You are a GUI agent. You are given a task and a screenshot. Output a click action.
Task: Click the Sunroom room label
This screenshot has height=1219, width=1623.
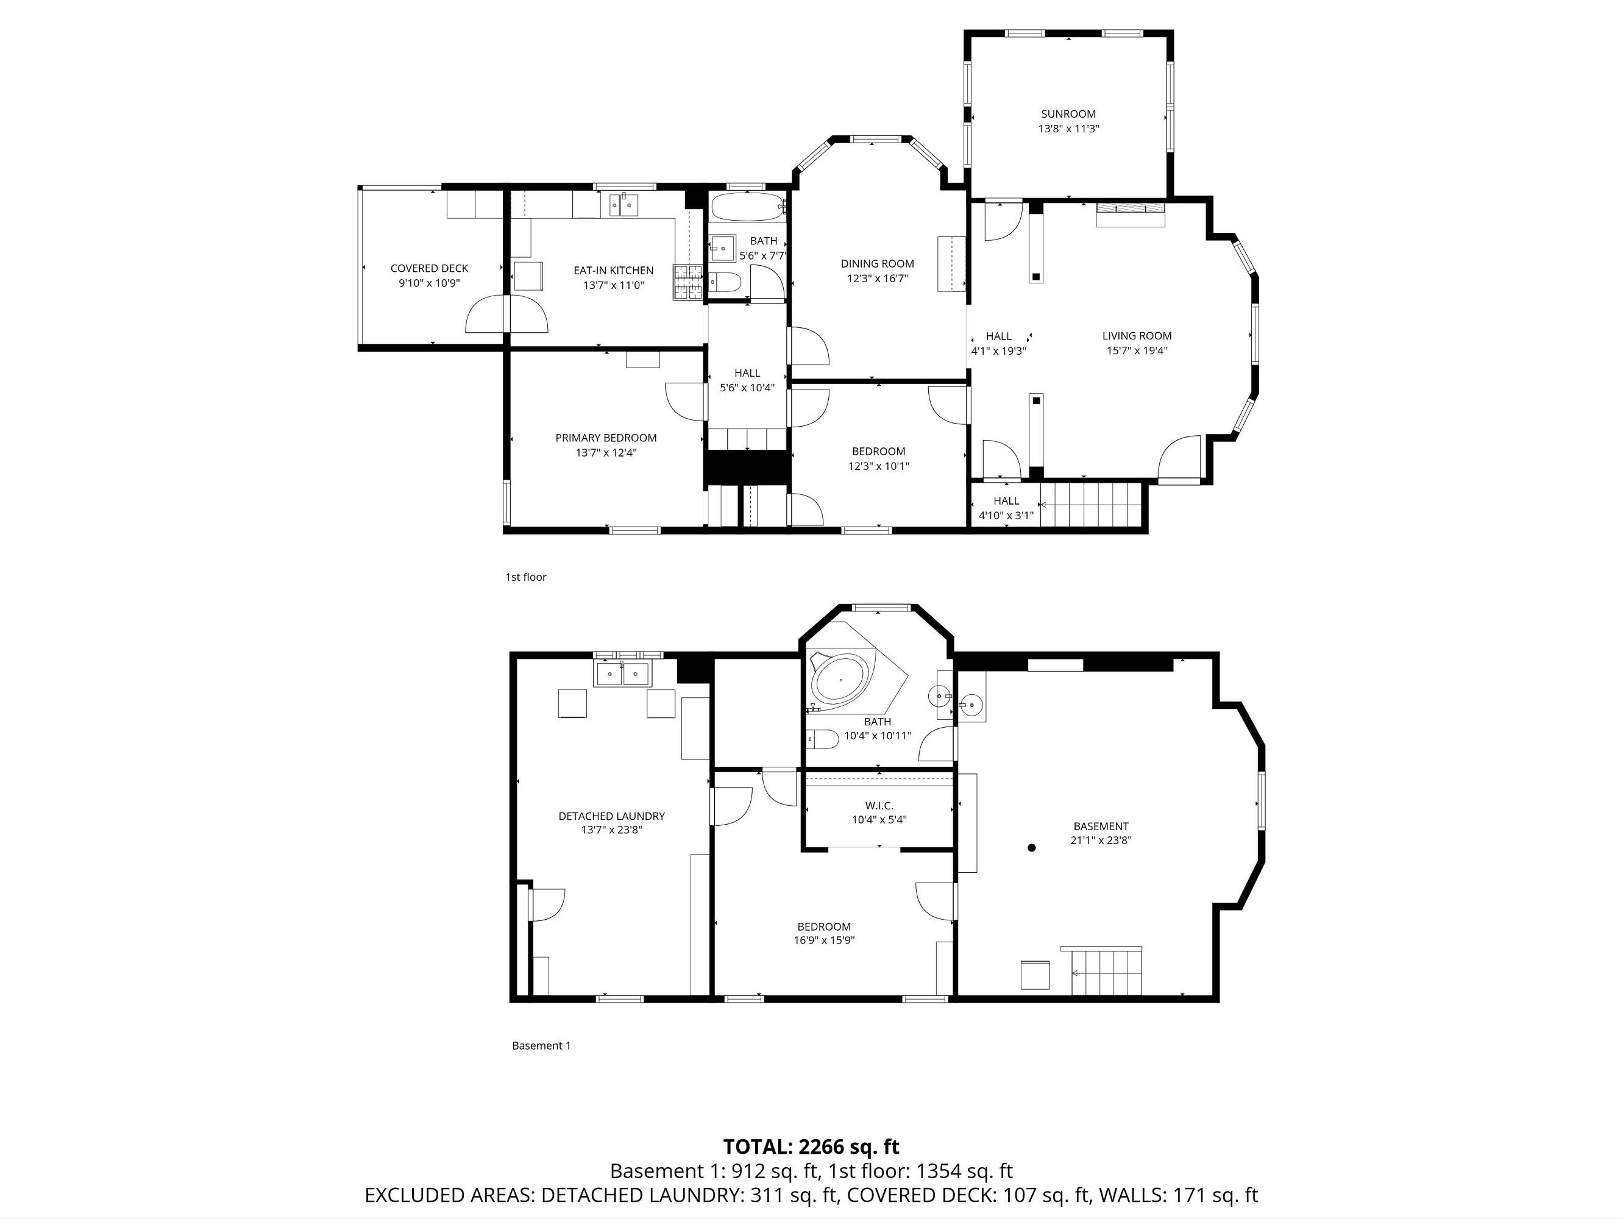(1068, 114)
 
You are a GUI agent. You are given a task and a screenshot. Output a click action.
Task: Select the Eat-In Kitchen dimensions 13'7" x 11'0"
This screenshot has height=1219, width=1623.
(613, 285)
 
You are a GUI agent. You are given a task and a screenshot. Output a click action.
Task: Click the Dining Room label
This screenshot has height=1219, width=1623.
(878, 263)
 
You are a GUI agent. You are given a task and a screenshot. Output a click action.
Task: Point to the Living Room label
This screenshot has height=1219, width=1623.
(1137, 336)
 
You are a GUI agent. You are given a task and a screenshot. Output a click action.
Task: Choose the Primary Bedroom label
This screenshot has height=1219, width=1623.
(606, 438)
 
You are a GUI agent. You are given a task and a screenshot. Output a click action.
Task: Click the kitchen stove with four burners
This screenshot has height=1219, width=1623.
(688, 283)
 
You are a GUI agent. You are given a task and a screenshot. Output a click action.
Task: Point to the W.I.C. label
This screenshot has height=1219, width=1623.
(879, 806)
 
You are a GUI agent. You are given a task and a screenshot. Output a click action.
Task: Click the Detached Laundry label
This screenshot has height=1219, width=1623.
(612, 816)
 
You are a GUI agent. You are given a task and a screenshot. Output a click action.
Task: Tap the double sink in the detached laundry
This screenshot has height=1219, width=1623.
(622, 672)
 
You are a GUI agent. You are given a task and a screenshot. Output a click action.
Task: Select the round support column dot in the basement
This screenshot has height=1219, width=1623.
(1032, 848)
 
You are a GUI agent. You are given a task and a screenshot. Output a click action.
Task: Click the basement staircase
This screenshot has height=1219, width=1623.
(1106, 972)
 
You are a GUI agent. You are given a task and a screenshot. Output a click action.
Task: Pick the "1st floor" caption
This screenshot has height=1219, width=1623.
(525, 577)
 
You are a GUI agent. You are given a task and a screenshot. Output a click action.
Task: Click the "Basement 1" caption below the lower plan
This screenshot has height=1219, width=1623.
(541, 1046)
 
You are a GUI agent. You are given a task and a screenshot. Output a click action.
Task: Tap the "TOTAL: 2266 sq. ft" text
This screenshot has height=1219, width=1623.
(812, 1146)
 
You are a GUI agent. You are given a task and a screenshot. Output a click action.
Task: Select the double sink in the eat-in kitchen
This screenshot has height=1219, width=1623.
(625, 205)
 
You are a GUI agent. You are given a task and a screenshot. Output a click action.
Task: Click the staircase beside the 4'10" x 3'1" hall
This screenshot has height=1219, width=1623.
(1091, 505)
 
